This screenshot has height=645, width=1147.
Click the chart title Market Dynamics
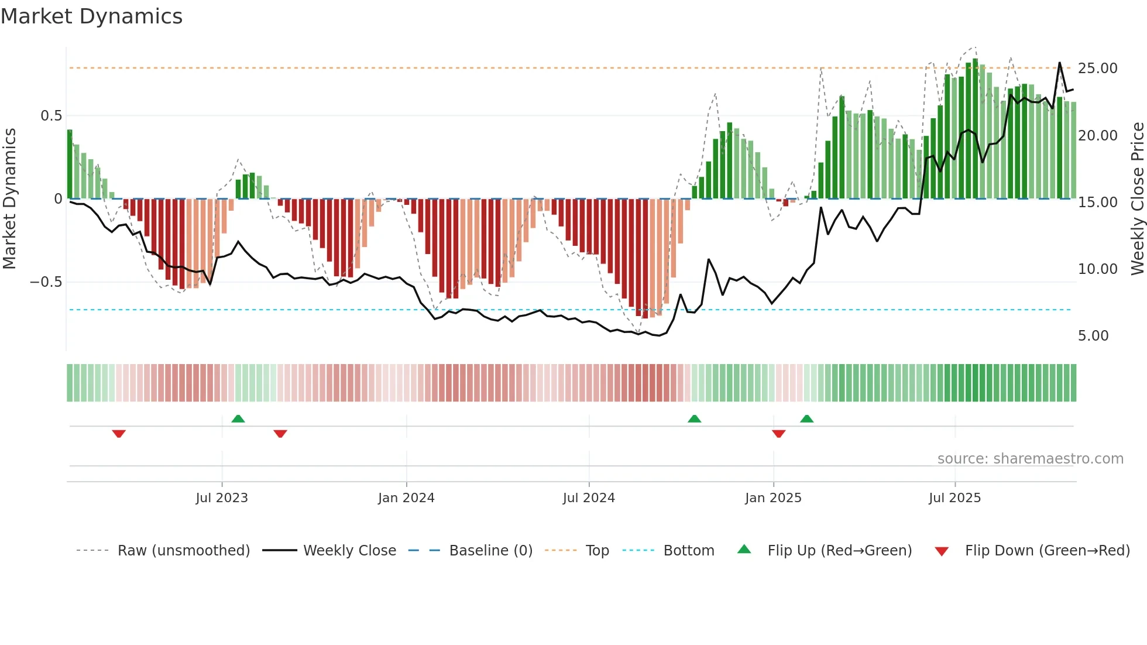[92, 16]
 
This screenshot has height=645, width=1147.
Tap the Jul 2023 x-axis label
[222, 498]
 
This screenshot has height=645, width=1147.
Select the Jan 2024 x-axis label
[406, 498]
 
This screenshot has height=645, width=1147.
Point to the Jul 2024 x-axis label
[589, 498]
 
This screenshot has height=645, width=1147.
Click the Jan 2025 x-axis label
[773, 498]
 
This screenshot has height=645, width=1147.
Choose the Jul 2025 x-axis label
[954, 498]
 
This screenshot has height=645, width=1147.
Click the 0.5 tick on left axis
[51, 116]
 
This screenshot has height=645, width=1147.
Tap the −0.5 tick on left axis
[46, 282]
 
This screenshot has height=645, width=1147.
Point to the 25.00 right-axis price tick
[1098, 68]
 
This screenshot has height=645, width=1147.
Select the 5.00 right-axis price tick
[1093, 336]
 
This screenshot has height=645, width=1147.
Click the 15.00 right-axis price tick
[1098, 203]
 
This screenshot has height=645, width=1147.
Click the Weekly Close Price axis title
[1137, 199]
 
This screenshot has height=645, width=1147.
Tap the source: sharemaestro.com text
[1030, 459]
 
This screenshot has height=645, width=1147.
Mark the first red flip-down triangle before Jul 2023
[119, 434]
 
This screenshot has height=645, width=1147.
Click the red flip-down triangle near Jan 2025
[778, 434]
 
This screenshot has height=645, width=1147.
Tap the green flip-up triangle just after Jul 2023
[238, 418]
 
